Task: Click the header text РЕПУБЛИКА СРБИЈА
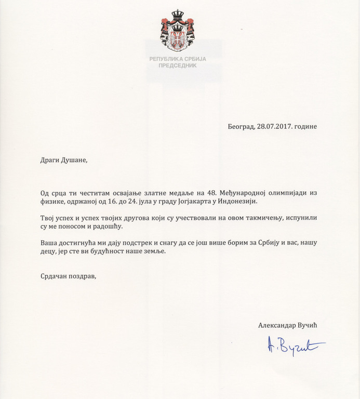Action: point(178,59)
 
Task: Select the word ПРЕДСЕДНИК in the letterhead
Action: point(178,66)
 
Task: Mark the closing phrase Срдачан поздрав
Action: point(68,276)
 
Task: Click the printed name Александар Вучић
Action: point(287,325)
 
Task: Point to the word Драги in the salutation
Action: point(51,160)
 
